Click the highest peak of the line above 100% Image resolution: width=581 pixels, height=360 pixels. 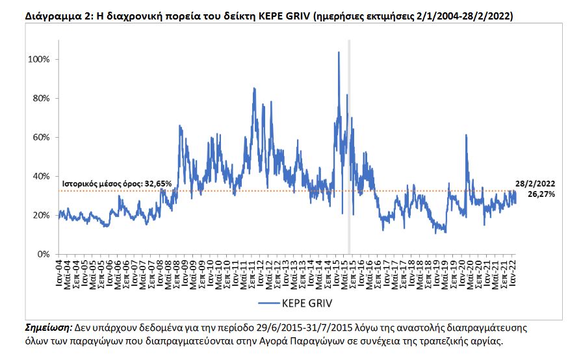click(339, 53)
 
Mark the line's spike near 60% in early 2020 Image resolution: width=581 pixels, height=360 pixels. click(466, 135)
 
